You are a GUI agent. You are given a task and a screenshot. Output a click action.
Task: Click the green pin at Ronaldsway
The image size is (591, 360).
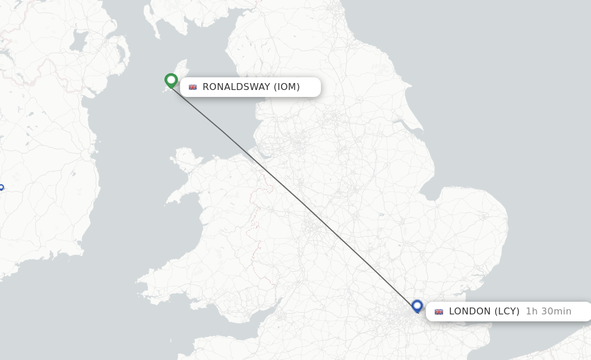pyautogui.click(x=171, y=80)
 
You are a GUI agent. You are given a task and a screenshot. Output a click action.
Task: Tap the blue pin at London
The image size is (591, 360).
pyautogui.click(x=417, y=306)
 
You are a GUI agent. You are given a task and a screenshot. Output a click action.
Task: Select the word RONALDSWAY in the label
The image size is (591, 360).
pyautogui.click(x=236, y=87)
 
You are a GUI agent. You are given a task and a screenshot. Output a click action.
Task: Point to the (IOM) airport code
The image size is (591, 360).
pyautogui.click(x=286, y=87)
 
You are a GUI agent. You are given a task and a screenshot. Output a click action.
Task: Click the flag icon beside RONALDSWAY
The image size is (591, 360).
pyautogui.click(x=193, y=87)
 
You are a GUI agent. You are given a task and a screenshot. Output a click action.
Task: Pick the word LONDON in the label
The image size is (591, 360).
pyautogui.click(x=470, y=312)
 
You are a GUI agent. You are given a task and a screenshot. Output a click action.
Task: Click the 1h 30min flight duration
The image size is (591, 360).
pyautogui.click(x=548, y=312)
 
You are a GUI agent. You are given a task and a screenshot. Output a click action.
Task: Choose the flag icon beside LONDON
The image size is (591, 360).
pyautogui.click(x=439, y=312)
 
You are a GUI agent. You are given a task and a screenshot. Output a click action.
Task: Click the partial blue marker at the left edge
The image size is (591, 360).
pyautogui.click(x=1, y=187)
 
